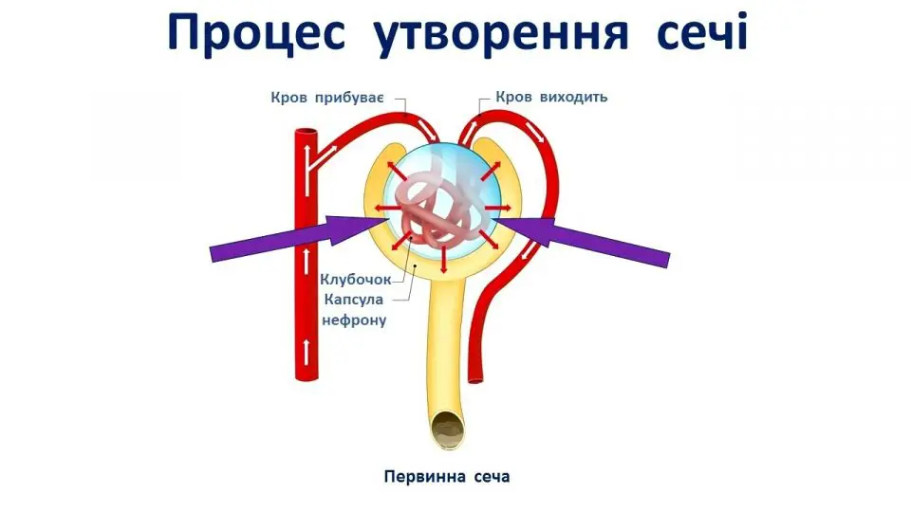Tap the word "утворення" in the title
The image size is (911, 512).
point(504,34)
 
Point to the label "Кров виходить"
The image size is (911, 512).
point(551,97)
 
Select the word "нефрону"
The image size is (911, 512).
point(355,320)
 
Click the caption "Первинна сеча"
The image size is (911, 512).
point(447,476)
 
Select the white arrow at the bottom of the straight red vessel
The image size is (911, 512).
point(306,352)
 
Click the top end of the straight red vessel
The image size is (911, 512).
point(306,133)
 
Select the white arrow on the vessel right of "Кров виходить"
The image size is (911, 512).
point(537,133)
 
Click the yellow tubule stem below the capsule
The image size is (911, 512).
point(446,341)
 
